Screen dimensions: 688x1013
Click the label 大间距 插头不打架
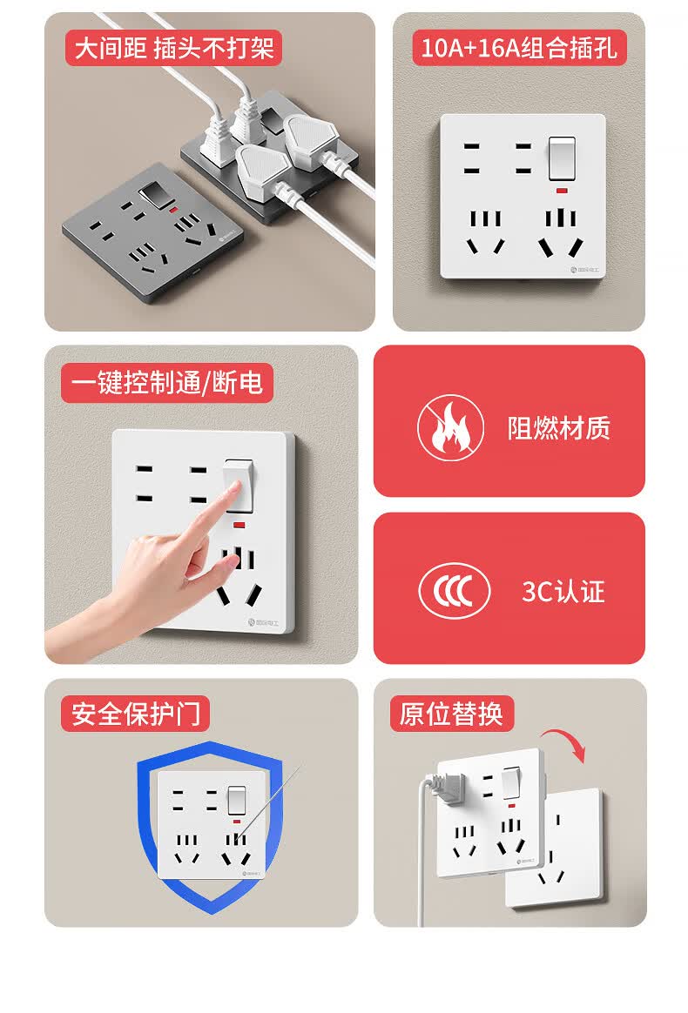click(x=173, y=48)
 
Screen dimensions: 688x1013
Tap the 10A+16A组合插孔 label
click(x=519, y=47)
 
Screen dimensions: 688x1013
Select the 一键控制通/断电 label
click(x=167, y=383)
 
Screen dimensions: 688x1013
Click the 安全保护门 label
click(x=136, y=714)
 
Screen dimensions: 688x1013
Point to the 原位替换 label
click(x=451, y=714)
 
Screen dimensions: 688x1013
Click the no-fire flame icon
click(x=451, y=427)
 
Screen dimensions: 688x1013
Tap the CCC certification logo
click(x=454, y=591)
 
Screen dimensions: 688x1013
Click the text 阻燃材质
click(x=559, y=428)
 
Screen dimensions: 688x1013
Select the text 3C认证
click(x=563, y=592)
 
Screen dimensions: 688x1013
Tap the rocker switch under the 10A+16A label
click(x=561, y=158)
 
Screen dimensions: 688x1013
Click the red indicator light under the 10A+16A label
click(x=561, y=191)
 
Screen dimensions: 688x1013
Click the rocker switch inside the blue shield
click(x=237, y=801)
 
